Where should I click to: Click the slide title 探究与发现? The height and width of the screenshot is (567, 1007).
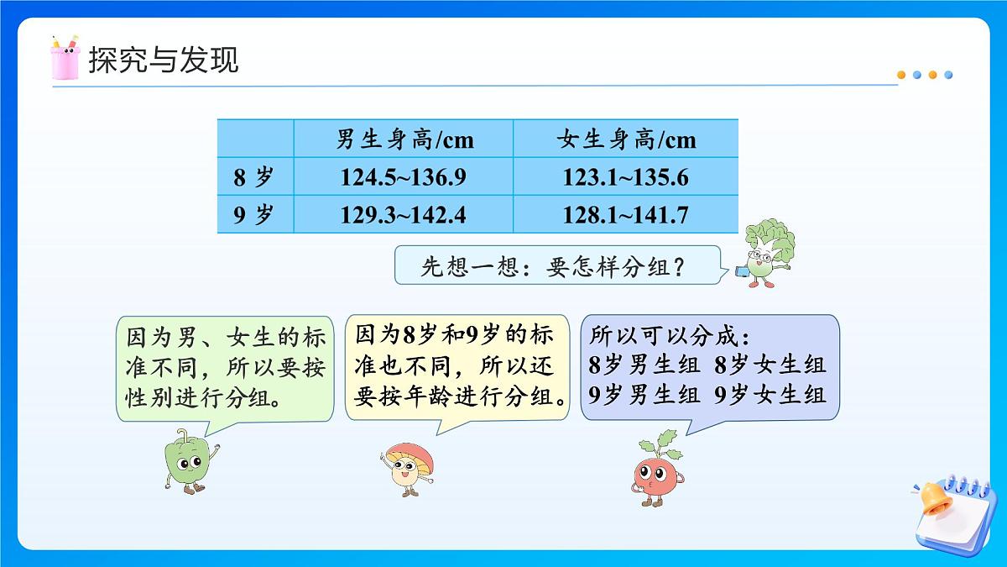click(163, 60)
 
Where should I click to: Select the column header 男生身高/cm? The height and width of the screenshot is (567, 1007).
click(404, 139)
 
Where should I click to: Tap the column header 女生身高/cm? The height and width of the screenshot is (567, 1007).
click(626, 139)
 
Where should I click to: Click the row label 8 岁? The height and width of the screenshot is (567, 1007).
click(253, 177)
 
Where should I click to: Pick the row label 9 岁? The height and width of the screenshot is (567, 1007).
click(253, 215)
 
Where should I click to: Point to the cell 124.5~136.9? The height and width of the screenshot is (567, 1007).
click(403, 177)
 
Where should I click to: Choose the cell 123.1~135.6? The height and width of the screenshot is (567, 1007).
click(626, 177)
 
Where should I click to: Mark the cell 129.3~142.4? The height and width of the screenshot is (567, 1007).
click(403, 215)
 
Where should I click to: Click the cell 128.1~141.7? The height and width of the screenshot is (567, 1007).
click(626, 215)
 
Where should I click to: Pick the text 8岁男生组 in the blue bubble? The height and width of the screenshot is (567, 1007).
click(644, 365)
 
